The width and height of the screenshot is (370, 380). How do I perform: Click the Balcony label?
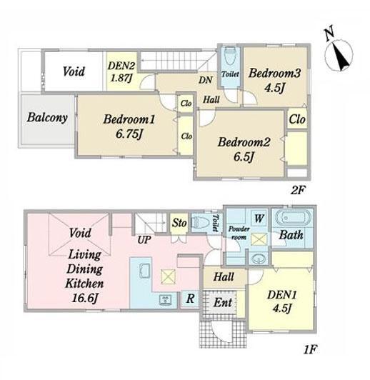[x=47, y=118]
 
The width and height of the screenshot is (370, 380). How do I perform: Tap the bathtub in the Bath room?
[x=293, y=218]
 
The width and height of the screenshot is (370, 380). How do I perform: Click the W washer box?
[x=259, y=219]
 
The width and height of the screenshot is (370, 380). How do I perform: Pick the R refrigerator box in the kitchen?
[x=190, y=299]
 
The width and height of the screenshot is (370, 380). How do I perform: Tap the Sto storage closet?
[x=179, y=223]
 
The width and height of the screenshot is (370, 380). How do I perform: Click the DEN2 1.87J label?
[x=121, y=72]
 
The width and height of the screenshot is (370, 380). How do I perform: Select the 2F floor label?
[x=297, y=190]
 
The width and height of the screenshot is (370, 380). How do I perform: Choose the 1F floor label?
[x=311, y=350]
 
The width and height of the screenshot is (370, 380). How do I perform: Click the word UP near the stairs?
[x=144, y=240]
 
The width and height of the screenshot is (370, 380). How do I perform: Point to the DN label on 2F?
[x=206, y=80]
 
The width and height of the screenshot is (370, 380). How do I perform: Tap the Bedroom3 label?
[x=274, y=73]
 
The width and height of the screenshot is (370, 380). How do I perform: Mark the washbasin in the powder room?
[x=259, y=259]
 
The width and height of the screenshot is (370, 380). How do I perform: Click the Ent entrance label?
[x=223, y=303]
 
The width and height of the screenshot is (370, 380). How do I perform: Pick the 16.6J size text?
[x=85, y=298]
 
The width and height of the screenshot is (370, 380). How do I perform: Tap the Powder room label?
[x=239, y=233]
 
